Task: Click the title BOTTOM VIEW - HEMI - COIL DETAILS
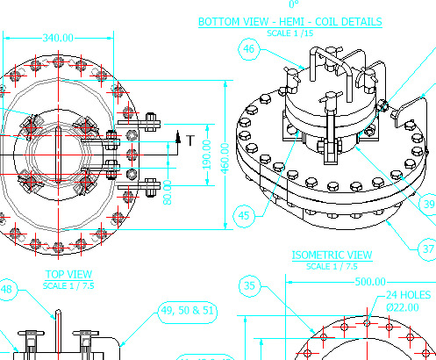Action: pyautogui.click(x=289, y=21)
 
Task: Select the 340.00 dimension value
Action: pyautogui.click(x=58, y=38)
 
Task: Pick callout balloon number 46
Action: pyautogui.click(x=249, y=50)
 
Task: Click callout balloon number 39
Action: pyautogui.click(x=429, y=204)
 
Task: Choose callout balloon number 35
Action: pyautogui.click(x=250, y=285)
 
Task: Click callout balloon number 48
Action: pyautogui.click(x=7, y=290)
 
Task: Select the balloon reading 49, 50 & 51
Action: pyautogui.click(x=187, y=310)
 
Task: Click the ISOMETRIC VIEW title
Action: pyautogui.click(x=332, y=256)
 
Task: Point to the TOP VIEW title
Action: pyautogui.click(x=68, y=274)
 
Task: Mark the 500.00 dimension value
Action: pyautogui.click(x=369, y=282)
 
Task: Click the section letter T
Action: pyautogui.click(x=189, y=139)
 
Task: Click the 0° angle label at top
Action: pyautogui.click(x=292, y=4)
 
